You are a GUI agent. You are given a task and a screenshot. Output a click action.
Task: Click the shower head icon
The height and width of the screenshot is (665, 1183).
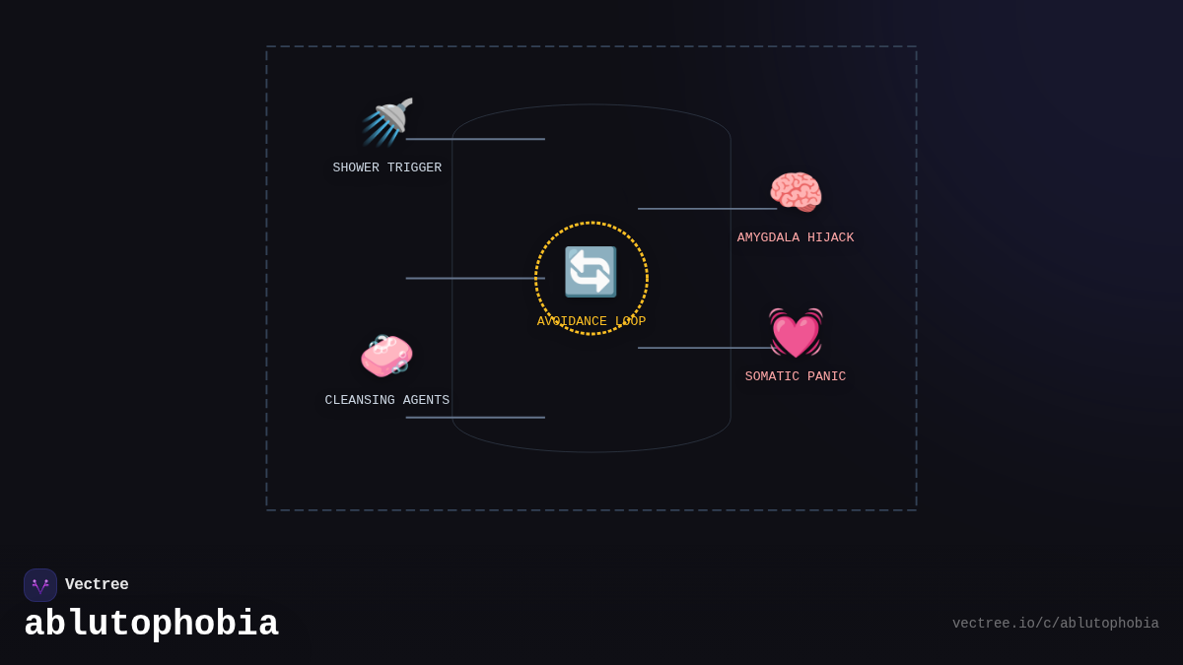(x=387, y=121)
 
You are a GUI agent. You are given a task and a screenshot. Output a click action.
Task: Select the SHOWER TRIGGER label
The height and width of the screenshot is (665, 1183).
(x=386, y=168)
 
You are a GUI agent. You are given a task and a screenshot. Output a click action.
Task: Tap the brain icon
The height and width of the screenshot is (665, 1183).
(x=796, y=191)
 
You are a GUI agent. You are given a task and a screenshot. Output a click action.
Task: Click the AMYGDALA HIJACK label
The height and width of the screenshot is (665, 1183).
(x=796, y=238)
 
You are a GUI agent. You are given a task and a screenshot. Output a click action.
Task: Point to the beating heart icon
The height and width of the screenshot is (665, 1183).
(x=796, y=332)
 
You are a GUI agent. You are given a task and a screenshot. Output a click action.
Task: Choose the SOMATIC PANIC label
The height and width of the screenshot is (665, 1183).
(x=796, y=377)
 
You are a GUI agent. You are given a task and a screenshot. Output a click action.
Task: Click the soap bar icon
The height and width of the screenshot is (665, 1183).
(x=386, y=355)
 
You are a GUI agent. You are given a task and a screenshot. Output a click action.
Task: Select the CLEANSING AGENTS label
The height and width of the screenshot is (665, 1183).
(x=386, y=401)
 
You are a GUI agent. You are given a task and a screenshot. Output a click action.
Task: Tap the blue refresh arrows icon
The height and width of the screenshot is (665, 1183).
(x=591, y=272)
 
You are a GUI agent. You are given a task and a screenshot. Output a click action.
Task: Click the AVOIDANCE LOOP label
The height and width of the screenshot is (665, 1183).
(x=591, y=322)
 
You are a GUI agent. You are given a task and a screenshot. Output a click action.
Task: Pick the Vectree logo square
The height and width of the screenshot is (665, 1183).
(x=40, y=585)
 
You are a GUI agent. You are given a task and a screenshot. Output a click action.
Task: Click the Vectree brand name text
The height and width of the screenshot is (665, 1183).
(x=97, y=585)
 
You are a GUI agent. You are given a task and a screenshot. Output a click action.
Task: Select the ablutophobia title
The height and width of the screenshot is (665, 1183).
(x=151, y=625)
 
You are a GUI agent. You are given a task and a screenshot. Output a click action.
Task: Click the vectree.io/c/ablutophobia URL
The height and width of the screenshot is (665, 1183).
(x=1055, y=624)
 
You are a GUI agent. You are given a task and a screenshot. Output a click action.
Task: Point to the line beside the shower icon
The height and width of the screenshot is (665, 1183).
(x=475, y=139)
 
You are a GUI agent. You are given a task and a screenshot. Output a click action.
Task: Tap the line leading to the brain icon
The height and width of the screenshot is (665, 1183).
(x=707, y=209)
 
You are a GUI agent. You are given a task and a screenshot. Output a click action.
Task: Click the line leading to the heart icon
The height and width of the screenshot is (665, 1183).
(x=704, y=348)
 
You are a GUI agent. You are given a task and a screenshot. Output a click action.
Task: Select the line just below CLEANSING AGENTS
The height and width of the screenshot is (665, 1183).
(x=475, y=418)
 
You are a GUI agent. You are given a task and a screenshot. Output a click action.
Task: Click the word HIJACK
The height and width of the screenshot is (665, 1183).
(x=831, y=238)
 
